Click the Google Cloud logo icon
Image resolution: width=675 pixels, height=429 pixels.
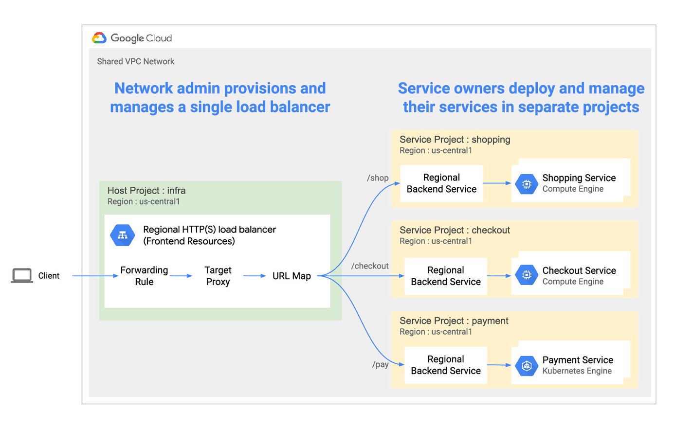tap(99, 38)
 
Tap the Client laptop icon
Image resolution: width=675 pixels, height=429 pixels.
tap(22, 275)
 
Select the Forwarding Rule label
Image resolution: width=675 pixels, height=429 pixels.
tap(144, 276)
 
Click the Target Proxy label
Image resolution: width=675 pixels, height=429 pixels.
tap(218, 276)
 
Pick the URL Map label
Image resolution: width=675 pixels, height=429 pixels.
tap(292, 276)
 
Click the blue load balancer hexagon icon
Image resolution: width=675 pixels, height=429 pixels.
tap(123, 235)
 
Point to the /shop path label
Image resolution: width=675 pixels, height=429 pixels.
tap(378, 178)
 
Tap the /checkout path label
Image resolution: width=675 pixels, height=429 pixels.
tap(370, 266)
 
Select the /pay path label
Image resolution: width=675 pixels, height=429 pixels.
tap(381, 364)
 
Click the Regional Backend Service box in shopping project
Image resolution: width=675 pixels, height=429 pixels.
tap(441, 183)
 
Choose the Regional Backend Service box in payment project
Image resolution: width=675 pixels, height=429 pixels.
tap(445, 365)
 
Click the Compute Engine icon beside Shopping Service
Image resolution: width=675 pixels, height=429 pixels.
tap(527, 184)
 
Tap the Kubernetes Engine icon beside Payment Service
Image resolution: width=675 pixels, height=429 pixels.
tap(527, 365)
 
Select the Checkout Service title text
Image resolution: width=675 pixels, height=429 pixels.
tap(579, 270)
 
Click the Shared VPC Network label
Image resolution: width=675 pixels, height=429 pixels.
tap(135, 61)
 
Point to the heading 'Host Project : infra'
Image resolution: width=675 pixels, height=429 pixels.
tap(146, 191)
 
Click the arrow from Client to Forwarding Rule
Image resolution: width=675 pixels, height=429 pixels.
tap(95, 276)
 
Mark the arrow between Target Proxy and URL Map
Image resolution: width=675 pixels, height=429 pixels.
tap(255, 276)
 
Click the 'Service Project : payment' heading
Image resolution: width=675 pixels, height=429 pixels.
tap(454, 321)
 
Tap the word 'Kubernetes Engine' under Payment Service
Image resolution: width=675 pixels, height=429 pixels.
tap(577, 371)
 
